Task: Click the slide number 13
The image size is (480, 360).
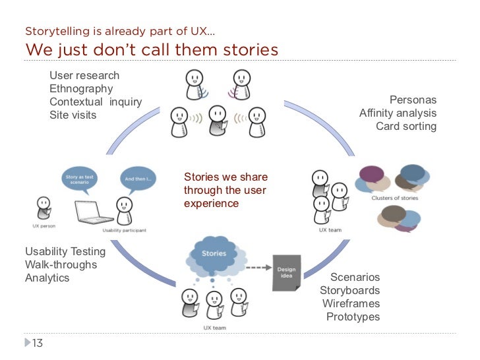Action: coord(37,343)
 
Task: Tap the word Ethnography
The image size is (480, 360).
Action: coord(81,89)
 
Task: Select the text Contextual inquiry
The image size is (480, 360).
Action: coord(96,102)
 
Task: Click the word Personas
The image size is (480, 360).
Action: coord(413,100)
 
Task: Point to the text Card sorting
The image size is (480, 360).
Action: coord(406,127)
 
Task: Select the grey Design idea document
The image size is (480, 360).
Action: coord(286,272)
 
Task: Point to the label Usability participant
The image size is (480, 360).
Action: coord(124,231)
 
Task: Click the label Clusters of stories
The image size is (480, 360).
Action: coord(394,197)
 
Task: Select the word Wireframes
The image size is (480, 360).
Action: coord(351,304)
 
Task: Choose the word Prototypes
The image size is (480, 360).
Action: coord(353,317)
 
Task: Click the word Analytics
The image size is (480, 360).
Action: coord(47,278)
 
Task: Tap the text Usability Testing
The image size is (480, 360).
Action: coord(65,251)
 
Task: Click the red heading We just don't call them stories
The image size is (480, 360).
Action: coord(152,50)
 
